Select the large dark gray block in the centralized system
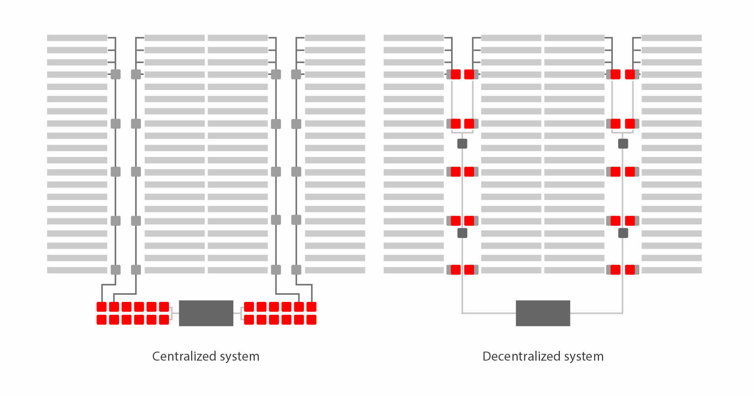click(206, 313)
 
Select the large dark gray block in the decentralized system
click(543, 313)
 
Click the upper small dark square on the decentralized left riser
click(462, 143)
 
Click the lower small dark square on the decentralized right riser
click(623, 233)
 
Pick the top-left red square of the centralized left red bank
click(102, 307)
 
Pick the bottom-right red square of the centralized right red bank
click(312, 320)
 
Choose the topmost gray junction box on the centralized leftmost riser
click(116, 75)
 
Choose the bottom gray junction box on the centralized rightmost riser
click(296, 270)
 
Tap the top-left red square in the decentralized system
click(456, 75)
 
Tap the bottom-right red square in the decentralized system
click(630, 270)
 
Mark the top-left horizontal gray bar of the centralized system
click(77, 38)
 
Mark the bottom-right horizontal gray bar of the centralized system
click(335, 270)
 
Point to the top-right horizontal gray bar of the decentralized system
click(672, 38)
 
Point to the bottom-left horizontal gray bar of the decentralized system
click(414, 270)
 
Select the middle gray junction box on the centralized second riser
click(136, 172)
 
